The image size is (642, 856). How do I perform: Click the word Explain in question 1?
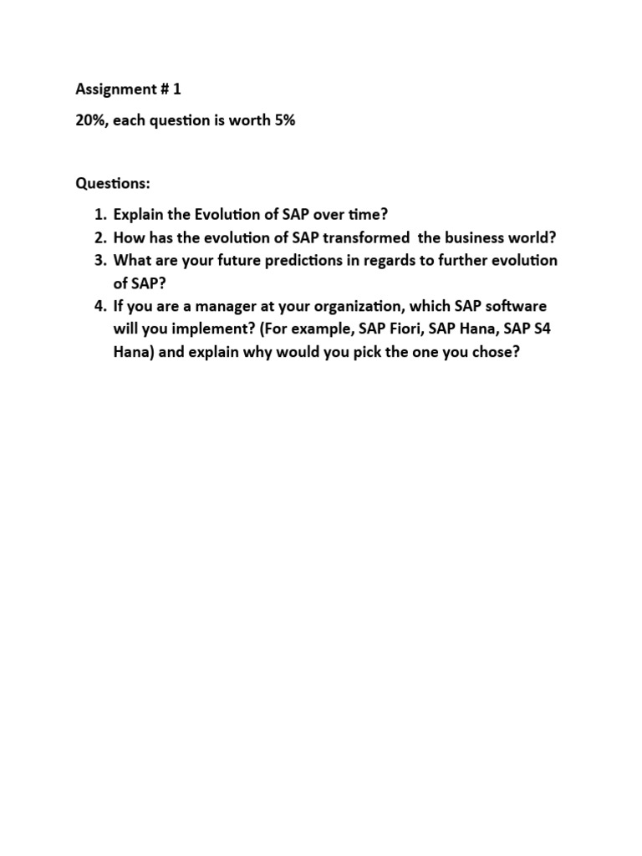pos(140,213)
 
